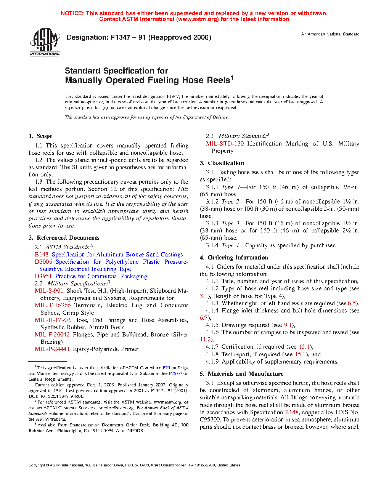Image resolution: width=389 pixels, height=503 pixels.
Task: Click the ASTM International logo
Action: point(45,42)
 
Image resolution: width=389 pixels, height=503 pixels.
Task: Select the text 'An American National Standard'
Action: point(330,34)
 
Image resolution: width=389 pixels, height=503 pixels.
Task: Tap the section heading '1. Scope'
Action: point(40,136)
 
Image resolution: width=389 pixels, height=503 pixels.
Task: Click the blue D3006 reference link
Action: point(43,262)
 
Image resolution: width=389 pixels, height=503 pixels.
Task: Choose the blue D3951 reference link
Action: point(43,276)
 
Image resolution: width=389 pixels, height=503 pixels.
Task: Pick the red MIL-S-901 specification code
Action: point(49,291)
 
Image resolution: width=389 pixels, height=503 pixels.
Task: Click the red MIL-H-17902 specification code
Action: point(53,320)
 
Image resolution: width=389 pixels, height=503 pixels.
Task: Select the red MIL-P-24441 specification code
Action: point(52,349)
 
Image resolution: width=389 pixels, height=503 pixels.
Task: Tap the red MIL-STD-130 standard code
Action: point(225,144)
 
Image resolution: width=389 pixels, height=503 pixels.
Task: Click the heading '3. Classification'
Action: point(222,163)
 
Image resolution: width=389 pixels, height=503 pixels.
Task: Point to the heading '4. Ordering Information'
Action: point(234,258)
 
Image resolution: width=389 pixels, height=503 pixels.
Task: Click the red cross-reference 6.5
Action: point(352,303)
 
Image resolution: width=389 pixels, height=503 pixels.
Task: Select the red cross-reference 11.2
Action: point(206,340)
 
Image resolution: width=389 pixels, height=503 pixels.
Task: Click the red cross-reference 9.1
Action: point(288,325)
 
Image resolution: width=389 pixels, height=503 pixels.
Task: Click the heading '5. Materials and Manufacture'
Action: point(242,374)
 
